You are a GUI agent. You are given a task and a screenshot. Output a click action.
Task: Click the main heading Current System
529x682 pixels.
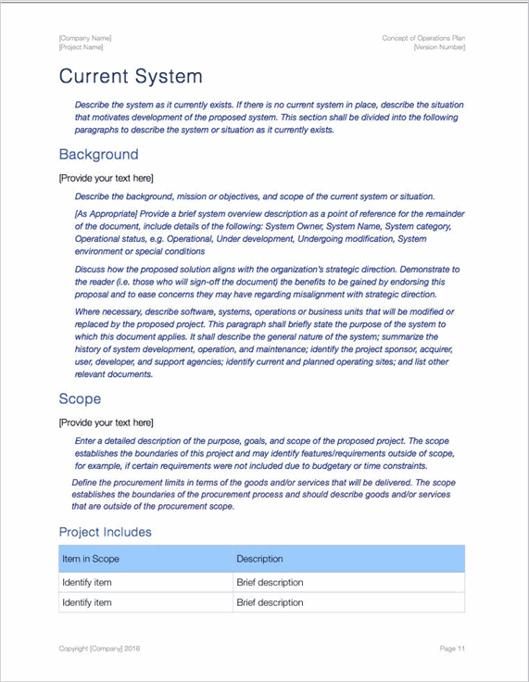pos(130,76)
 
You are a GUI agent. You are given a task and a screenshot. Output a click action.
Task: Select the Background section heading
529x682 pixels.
pos(98,155)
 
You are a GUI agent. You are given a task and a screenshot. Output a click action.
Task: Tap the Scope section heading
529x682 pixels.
pos(80,398)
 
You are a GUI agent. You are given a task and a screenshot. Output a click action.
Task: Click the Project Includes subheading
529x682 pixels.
pos(105,532)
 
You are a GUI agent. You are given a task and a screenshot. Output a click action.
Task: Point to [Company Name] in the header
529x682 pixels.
pos(84,38)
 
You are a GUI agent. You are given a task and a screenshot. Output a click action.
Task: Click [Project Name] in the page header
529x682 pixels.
pos(81,47)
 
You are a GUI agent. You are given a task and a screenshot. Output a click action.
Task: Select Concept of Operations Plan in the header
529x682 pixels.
pos(423,38)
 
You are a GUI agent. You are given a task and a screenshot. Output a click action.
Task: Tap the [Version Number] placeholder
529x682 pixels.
pos(439,47)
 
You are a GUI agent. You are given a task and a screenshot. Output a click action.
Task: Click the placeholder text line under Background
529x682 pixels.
pos(106,178)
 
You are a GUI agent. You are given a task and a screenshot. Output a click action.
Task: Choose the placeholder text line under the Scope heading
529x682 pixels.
pos(106,423)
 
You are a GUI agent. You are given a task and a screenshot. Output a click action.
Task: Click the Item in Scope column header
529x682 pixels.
pos(91,559)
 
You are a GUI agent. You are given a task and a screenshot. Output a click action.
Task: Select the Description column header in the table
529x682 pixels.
pos(259,559)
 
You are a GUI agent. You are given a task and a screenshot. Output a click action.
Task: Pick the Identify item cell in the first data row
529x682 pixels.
pos(87,583)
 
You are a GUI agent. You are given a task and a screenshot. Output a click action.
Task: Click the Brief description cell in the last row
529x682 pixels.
pos(270,603)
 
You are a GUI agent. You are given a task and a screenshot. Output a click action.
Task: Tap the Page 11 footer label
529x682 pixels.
pos(452,649)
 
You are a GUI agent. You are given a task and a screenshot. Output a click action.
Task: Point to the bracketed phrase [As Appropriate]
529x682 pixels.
pos(105,214)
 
